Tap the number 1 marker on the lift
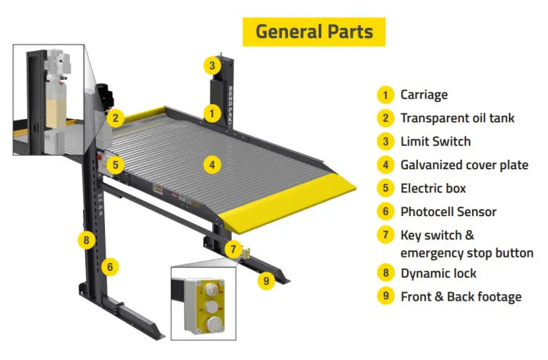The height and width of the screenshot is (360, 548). [211, 113]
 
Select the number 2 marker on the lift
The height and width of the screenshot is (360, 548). [115, 118]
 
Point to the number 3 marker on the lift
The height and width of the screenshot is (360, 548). [211, 65]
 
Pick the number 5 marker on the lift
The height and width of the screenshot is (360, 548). [114, 165]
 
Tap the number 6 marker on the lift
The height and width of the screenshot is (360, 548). [110, 267]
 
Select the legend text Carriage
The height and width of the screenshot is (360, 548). [424, 95]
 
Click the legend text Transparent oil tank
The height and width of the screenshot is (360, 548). [457, 118]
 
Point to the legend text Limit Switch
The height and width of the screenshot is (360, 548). [435, 142]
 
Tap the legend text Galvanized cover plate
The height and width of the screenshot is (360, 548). [464, 165]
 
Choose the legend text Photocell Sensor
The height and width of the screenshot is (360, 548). [448, 211]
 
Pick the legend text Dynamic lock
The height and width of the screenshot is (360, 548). [438, 273]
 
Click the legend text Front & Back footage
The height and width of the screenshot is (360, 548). [460, 297]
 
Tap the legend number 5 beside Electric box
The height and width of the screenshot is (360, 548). [384, 189]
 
